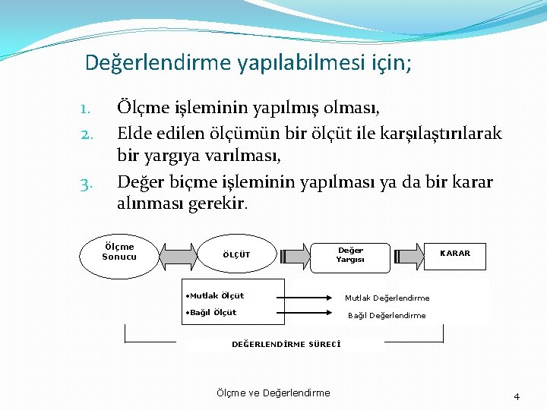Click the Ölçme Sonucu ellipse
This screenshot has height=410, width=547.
tap(119, 253)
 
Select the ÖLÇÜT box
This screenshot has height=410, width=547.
tap(236, 255)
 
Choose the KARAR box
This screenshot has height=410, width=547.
tap(455, 254)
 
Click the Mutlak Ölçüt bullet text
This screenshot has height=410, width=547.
tap(215, 296)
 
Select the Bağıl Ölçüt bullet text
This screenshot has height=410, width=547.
tap(211, 313)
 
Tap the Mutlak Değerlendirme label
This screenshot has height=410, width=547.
tap(387, 298)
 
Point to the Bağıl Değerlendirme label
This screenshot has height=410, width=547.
tap(387, 316)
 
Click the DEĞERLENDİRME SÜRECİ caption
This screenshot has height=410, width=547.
tap(286, 344)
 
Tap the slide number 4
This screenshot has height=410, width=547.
tap(517, 396)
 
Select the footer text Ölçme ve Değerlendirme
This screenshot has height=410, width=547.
tap(273, 393)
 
